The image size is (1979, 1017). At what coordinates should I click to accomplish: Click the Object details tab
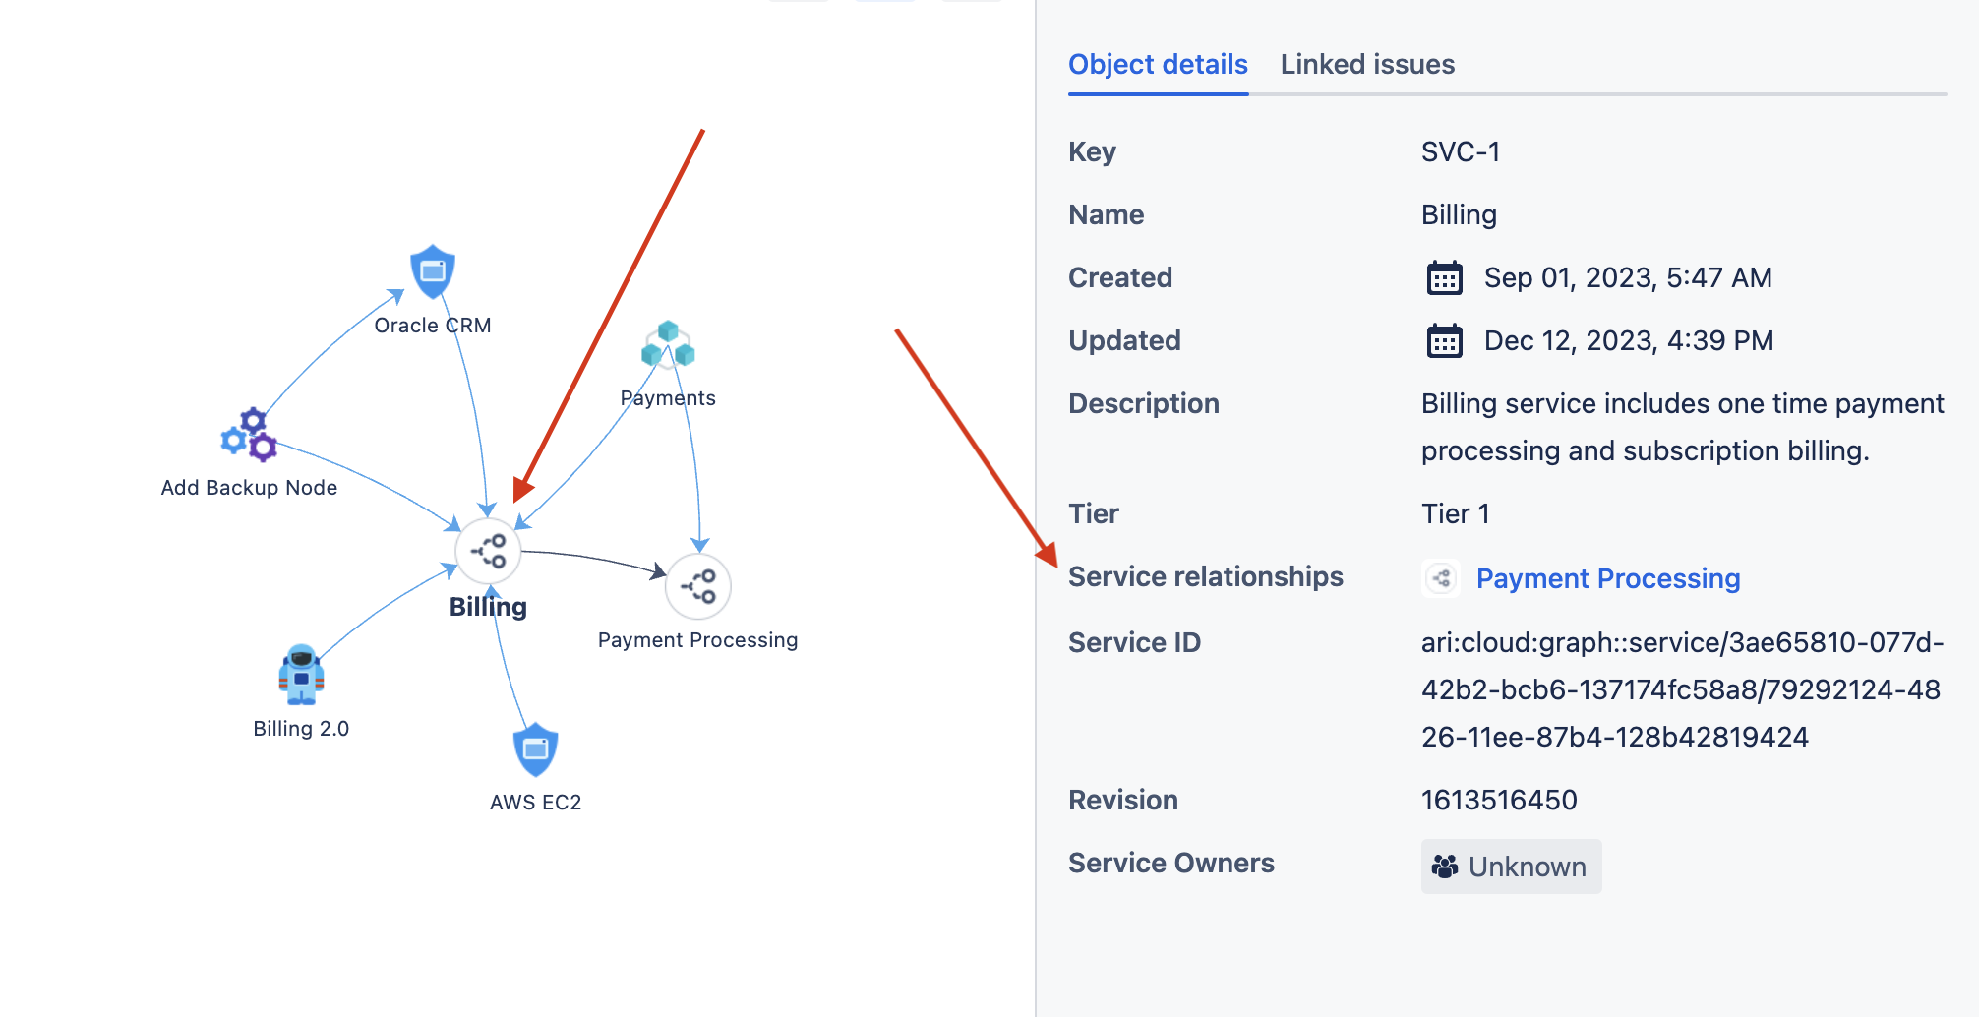tap(1158, 65)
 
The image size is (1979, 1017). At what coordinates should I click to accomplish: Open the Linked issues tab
tap(1367, 65)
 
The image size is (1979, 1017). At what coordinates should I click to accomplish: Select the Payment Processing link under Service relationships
tap(1608, 578)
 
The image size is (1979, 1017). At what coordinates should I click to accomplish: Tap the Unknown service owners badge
tap(1511, 867)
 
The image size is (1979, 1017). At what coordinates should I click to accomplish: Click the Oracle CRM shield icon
tap(433, 271)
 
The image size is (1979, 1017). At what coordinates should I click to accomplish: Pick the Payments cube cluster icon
tap(668, 344)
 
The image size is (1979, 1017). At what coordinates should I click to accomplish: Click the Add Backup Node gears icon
tap(249, 435)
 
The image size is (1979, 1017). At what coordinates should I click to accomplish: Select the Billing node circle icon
tap(488, 551)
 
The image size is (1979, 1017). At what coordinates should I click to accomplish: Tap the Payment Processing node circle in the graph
tap(698, 587)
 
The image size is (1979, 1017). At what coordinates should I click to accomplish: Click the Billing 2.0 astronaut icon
tap(301, 675)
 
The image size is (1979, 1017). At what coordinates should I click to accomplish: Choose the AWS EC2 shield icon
tap(536, 749)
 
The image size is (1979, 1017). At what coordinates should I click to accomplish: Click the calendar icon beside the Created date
tap(1445, 278)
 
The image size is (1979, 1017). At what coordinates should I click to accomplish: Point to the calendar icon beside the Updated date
tap(1445, 341)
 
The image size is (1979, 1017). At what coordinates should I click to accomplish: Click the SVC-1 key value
tap(1461, 152)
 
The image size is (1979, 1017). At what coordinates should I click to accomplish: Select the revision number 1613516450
tap(1499, 801)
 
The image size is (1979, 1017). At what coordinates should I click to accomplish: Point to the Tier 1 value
tap(1456, 514)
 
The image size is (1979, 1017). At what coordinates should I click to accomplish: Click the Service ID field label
tap(1134, 643)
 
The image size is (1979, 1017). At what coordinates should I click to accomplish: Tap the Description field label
tap(1144, 404)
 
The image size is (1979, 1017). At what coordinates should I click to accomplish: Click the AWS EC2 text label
tap(536, 803)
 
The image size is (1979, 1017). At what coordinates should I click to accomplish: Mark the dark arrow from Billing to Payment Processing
tap(595, 558)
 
